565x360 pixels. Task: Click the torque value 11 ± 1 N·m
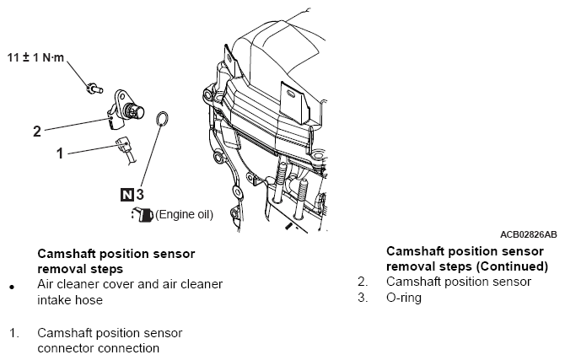click(35, 57)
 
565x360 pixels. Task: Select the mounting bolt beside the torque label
click(94, 88)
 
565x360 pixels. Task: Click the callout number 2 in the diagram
click(37, 132)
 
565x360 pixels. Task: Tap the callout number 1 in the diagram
click(60, 153)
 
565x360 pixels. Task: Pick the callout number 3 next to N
click(140, 195)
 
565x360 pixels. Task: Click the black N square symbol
click(127, 195)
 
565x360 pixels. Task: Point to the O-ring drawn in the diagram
click(162, 119)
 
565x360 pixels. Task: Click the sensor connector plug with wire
click(126, 150)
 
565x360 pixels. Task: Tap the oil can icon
click(143, 214)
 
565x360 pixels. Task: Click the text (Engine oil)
click(184, 214)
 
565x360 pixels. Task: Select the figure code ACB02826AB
click(528, 234)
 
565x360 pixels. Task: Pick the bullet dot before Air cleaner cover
click(13, 287)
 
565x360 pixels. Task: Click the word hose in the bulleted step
click(89, 300)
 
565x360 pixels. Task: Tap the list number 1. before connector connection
click(14, 333)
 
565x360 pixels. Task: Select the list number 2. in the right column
click(363, 282)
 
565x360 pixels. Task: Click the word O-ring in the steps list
click(404, 298)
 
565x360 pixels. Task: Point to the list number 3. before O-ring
click(363, 298)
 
